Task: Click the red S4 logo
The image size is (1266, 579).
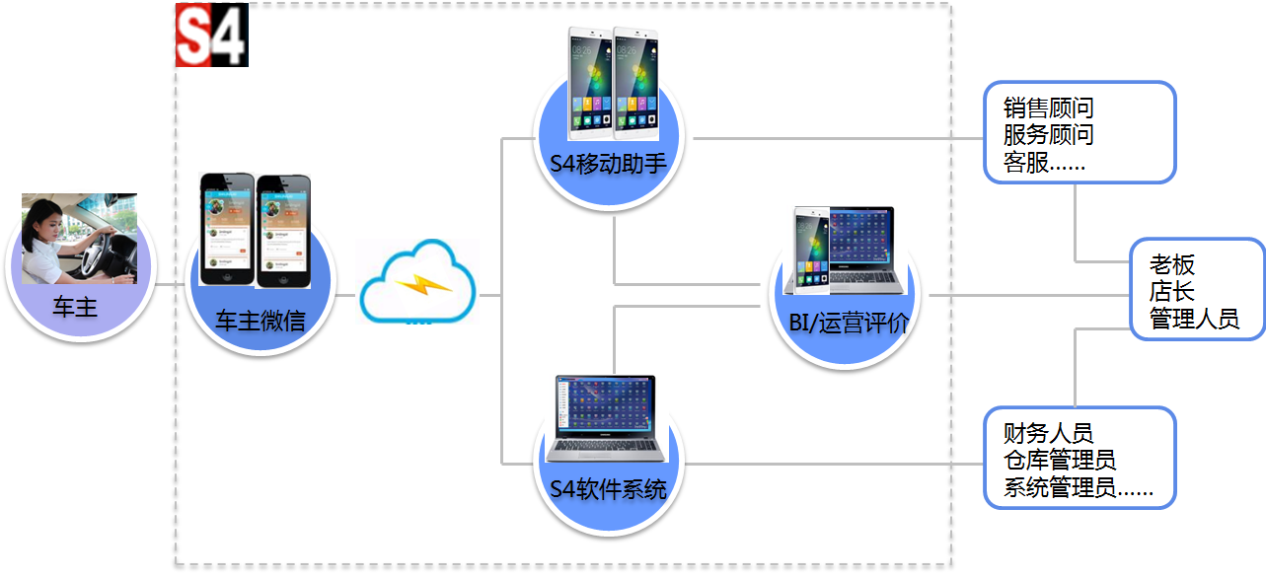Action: [x=211, y=35]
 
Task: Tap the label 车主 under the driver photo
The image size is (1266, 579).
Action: [x=75, y=307]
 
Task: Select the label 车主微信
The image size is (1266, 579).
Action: [x=260, y=320]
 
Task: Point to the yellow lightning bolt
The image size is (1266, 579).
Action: [x=423, y=285]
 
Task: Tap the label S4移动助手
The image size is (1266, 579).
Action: [x=609, y=162]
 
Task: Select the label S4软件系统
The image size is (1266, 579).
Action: [x=608, y=488]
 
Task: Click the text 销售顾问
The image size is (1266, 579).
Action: [x=1048, y=109]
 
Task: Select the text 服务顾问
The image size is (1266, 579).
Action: [x=1048, y=135]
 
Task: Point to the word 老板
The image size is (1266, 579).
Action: [x=1171, y=265]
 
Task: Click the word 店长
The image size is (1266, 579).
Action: [x=1171, y=292]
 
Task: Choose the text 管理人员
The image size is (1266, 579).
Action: [x=1193, y=319]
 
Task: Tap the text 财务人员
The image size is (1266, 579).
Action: [x=1048, y=433]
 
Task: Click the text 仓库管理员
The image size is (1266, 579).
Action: [x=1059, y=460]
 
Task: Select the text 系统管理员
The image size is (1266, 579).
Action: [x=1059, y=487]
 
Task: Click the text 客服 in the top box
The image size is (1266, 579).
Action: [x=1026, y=163]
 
